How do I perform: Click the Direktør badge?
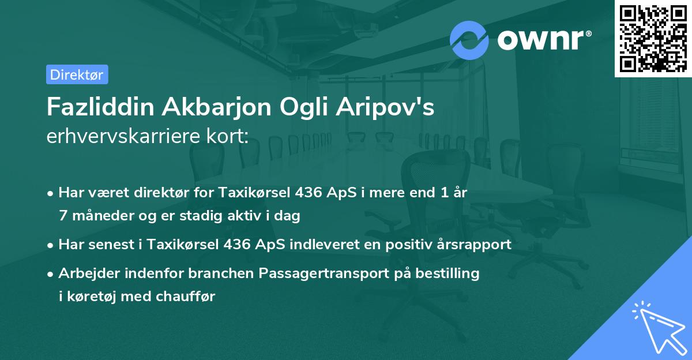[x=77, y=74]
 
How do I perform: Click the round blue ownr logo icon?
[x=469, y=40]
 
